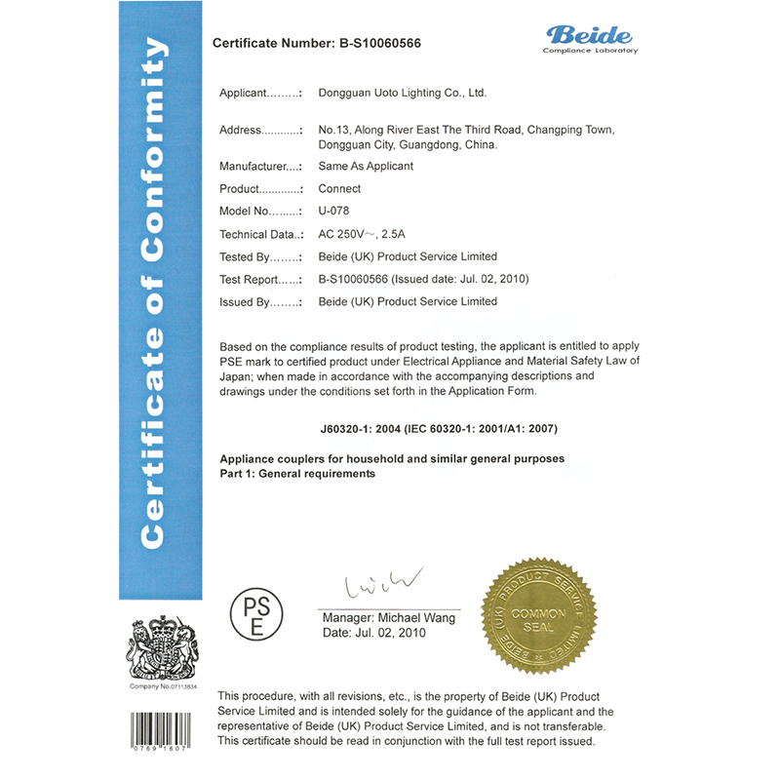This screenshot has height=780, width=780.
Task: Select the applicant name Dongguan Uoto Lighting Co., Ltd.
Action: [402, 94]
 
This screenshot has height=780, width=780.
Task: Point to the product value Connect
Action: [339, 188]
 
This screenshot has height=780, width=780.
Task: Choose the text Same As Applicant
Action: [366, 166]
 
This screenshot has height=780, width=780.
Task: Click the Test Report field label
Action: [260, 280]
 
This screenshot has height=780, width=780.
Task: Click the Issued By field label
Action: [259, 302]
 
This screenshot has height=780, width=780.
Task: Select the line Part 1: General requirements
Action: [297, 473]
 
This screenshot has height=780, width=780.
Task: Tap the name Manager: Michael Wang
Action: [388, 618]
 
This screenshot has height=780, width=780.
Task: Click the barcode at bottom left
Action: [160, 730]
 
